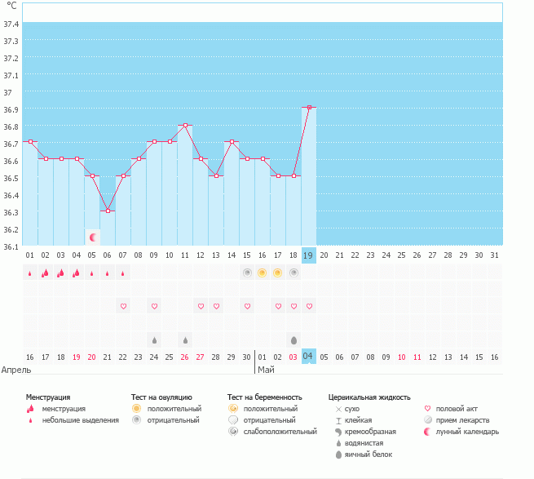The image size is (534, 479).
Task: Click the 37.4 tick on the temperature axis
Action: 11,24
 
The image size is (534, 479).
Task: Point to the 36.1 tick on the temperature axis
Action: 11,246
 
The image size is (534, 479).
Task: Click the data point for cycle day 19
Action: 309,107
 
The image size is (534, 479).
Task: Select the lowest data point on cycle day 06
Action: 108,211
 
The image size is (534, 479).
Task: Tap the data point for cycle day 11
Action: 185,125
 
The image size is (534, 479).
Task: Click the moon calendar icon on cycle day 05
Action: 93,237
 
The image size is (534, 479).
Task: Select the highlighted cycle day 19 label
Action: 309,255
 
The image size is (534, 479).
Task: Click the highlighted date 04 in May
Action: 309,357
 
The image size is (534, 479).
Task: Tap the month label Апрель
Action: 17,370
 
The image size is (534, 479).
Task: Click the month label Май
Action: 266,370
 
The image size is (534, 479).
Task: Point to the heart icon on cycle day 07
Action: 123,306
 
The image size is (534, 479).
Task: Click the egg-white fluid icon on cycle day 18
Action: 293,339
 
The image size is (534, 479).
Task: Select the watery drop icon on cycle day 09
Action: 154,339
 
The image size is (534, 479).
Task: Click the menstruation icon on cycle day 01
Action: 30,273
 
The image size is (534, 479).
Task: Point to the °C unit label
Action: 11,7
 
